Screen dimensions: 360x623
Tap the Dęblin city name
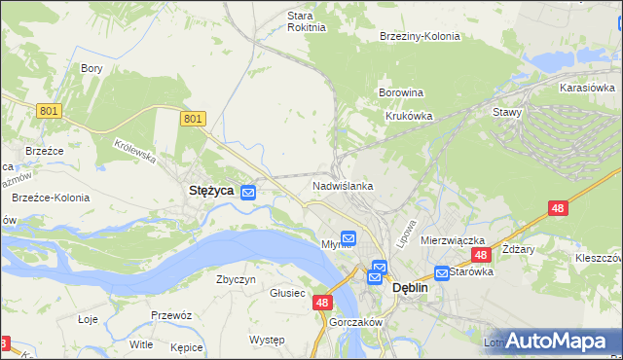coord(411,288)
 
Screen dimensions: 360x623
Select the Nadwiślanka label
coord(343,185)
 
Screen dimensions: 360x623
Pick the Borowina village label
coord(400,93)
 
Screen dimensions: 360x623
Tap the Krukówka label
coord(408,115)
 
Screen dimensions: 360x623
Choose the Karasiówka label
coord(588,88)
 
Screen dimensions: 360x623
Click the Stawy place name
coord(508,112)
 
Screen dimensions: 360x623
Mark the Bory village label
coord(92,68)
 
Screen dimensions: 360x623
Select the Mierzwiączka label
coord(453,239)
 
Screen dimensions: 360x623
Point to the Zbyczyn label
coord(236,279)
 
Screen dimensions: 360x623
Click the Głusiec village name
coord(288,293)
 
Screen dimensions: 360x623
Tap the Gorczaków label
coord(357,322)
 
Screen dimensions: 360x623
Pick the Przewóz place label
coord(170,315)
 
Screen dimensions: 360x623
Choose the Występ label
coord(267,340)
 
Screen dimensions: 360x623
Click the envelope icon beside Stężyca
coord(249,193)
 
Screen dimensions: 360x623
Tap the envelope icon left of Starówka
coord(442,273)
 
